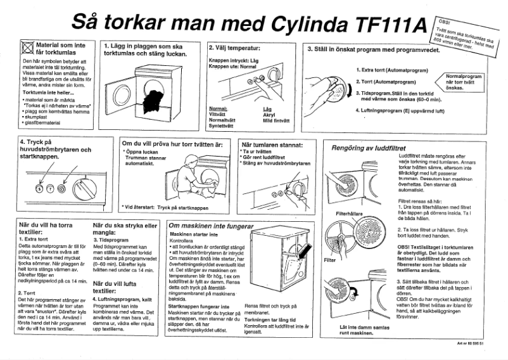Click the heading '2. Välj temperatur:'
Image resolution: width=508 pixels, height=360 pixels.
[x=235, y=48]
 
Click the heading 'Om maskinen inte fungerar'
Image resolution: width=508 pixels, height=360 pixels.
[x=211, y=226]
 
